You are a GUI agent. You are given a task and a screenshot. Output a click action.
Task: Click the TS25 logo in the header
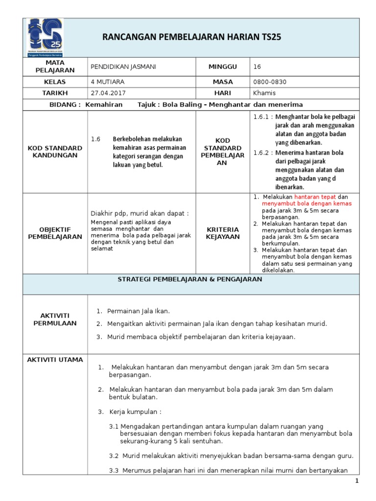tap(46, 38)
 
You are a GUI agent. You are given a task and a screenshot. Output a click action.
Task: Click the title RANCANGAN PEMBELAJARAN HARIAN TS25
tap(191, 37)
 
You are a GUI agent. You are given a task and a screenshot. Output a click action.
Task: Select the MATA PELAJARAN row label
tap(55, 67)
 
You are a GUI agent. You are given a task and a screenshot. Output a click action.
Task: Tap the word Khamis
tap(265, 93)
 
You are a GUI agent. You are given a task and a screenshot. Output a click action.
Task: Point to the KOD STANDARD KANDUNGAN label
tap(55, 152)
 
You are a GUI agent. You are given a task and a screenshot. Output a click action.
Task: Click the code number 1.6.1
tap(262, 117)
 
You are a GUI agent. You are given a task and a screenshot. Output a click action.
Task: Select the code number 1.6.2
tap(262, 153)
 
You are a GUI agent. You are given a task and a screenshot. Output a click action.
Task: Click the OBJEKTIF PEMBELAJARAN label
tap(55, 233)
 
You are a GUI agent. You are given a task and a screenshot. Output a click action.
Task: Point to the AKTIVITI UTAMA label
tap(55, 360)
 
